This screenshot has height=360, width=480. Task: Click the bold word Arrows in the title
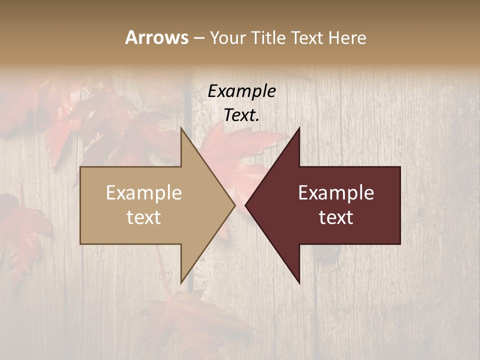(156, 37)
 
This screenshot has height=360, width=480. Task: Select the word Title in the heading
(269, 38)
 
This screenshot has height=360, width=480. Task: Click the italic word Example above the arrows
(242, 91)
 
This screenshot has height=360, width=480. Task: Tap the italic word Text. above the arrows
(242, 115)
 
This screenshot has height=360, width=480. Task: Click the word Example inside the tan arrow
(144, 193)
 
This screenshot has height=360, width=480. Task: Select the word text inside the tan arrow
(144, 217)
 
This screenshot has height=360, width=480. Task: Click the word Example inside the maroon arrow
(336, 193)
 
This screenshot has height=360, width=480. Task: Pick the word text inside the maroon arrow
(336, 217)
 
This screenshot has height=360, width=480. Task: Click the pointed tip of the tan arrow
(234, 205)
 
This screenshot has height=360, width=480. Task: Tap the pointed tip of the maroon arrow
(246, 205)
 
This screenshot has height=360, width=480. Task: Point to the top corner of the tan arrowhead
(181, 128)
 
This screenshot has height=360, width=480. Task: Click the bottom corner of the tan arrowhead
(181, 282)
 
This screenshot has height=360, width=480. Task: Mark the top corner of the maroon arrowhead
(299, 128)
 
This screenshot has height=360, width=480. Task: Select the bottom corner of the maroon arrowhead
(299, 282)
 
